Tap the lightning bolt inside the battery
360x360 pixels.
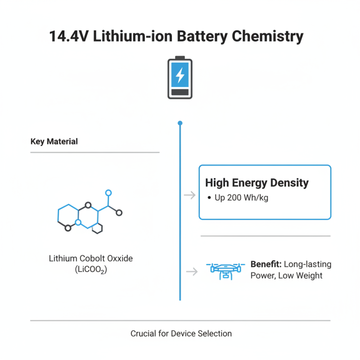pyautogui.click(x=180, y=75)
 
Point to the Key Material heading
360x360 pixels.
pyautogui.click(x=54, y=142)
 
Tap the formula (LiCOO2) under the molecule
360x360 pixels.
pyautogui.click(x=91, y=270)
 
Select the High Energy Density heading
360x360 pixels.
pyautogui.click(x=257, y=183)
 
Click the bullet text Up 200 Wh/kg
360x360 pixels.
pyautogui.click(x=241, y=198)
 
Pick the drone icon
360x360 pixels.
pyautogui.click(x=225, y=270)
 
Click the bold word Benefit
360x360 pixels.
pyautogui.click(x=265, y=264)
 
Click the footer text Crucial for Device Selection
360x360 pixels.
pyautogui.click(x=181, y=334)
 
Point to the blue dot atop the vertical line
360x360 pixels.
pyautogui.click(x=180, y=123)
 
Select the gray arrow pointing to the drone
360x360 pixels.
pyautogui.click(x=192, y=271)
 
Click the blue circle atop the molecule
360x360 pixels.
pyautogui.click(x=108, y=193)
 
